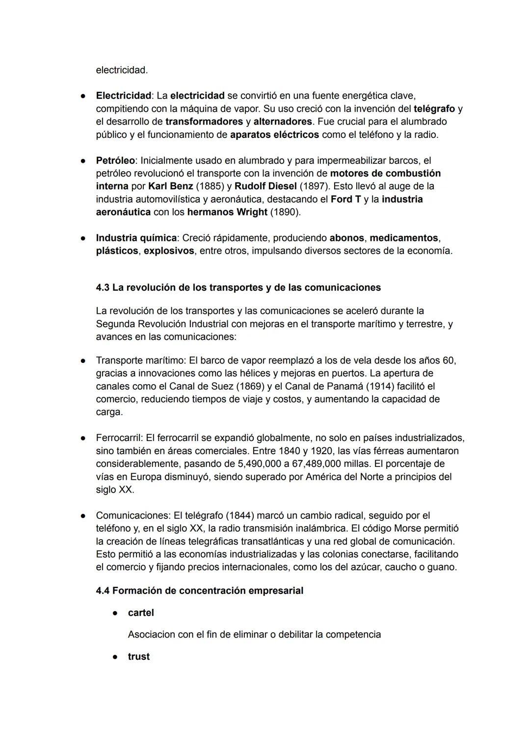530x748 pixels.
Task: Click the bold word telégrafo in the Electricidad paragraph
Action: click(434, 108)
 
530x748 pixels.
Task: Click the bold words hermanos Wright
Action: click(227, 212)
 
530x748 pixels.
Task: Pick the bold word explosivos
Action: click(168, 251)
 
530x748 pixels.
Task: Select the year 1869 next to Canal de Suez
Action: click(254, 387)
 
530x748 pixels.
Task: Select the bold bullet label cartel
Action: click(141, 613)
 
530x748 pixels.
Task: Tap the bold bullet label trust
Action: click(138, 657)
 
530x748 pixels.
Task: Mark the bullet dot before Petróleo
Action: click(84, 160)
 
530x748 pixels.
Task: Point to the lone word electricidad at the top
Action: click(122, 70)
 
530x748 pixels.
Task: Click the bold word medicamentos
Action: click(403, 238)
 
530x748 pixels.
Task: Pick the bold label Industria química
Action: click(136, 238)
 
